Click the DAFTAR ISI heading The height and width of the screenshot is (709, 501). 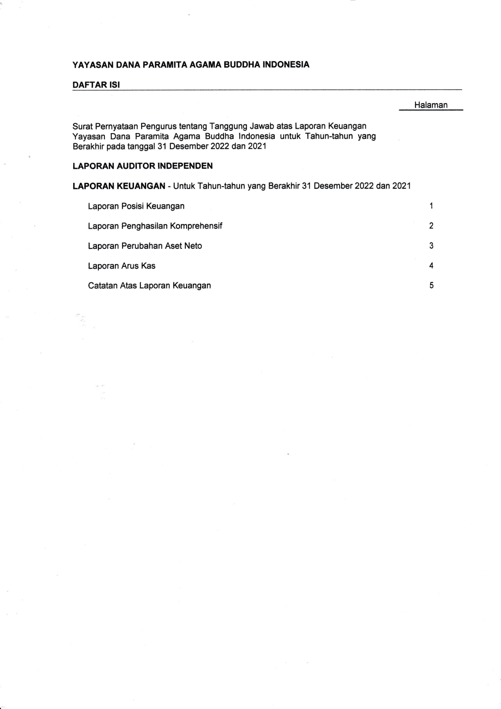(x=96, y=85)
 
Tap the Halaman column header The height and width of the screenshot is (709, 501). (x=431, y=105)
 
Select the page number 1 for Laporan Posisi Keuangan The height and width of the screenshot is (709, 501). (x=431, y=206)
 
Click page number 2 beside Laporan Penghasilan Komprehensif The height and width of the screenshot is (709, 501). (x=431, y=226)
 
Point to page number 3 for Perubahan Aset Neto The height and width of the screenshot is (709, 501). (x=431, y=246)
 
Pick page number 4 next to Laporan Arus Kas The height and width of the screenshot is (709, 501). (x=431, y=266)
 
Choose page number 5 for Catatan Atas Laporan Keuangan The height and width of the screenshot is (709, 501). (x=431, y=286)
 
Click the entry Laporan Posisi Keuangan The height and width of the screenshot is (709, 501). (x=136, y=206)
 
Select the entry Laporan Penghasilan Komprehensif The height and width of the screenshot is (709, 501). (x=155, y=226)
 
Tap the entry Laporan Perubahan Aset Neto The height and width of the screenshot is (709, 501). (x=145, y=246)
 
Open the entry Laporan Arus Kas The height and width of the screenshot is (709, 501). (x=121, y=266)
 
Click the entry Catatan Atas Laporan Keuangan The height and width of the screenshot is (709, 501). (x=149, y=286)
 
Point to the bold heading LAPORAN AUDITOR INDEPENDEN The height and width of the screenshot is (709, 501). (x=142, y=166)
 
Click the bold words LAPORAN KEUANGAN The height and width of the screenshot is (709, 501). (x=119, y=186)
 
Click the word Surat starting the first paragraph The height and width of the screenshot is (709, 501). (x=82, y=126)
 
